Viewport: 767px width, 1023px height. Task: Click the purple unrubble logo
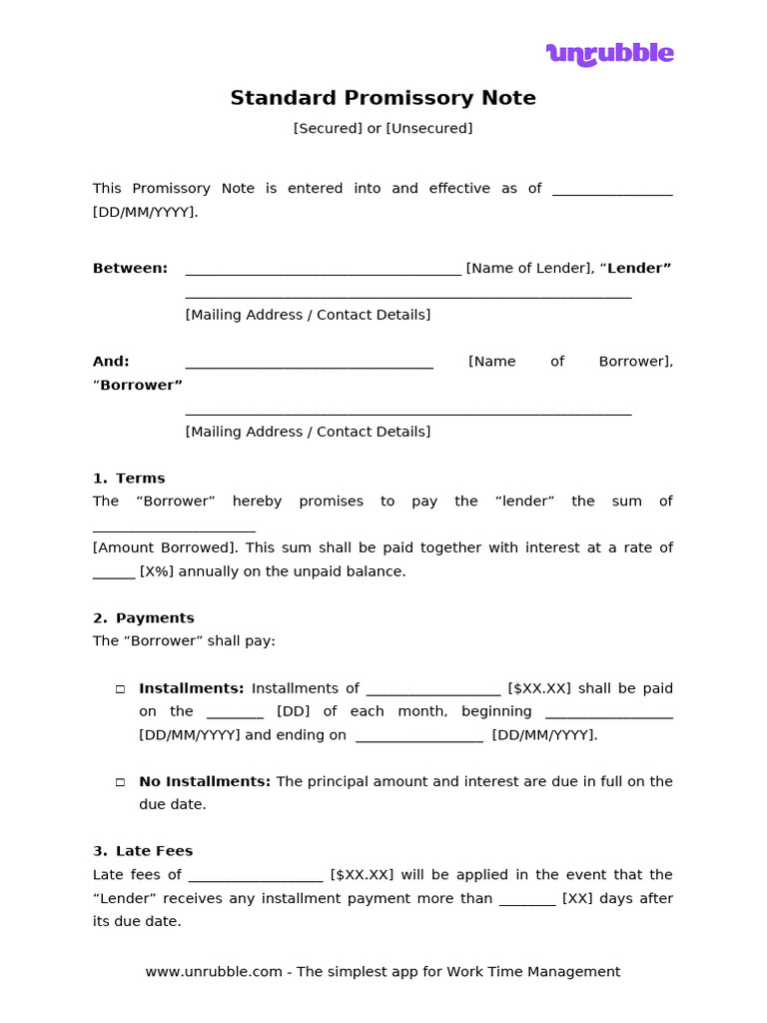click(x=609, y=53)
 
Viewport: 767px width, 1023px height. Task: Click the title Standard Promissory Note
click(x=383, y=98)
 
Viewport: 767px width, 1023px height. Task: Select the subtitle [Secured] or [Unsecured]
click(x=383, y=128)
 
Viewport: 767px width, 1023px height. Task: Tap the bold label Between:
click(x=130, y=268)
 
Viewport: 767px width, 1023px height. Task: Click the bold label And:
click(x=111, y=361)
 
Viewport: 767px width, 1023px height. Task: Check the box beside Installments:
click(x=120, y=688)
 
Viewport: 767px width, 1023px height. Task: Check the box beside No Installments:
click(x=120, y=782)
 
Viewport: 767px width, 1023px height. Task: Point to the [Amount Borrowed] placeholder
click(x=165, y=547)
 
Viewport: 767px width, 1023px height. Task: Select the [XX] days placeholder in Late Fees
click(x=576, y=898)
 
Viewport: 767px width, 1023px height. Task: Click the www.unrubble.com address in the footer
click(x=214, y=971)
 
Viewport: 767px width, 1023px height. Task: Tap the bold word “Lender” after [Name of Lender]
click(x=639, y=268)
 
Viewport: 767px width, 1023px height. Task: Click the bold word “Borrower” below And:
click(x=140, y=385)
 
